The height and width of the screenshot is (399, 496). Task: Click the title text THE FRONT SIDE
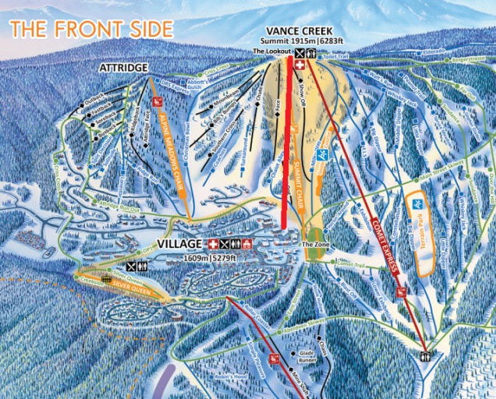tap(91, 30)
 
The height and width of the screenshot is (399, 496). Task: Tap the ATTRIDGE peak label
tap(123, 69)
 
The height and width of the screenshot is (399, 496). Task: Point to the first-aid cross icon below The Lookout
tap(300, 67)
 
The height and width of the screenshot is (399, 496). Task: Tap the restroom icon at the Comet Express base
tap(424, 356)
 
